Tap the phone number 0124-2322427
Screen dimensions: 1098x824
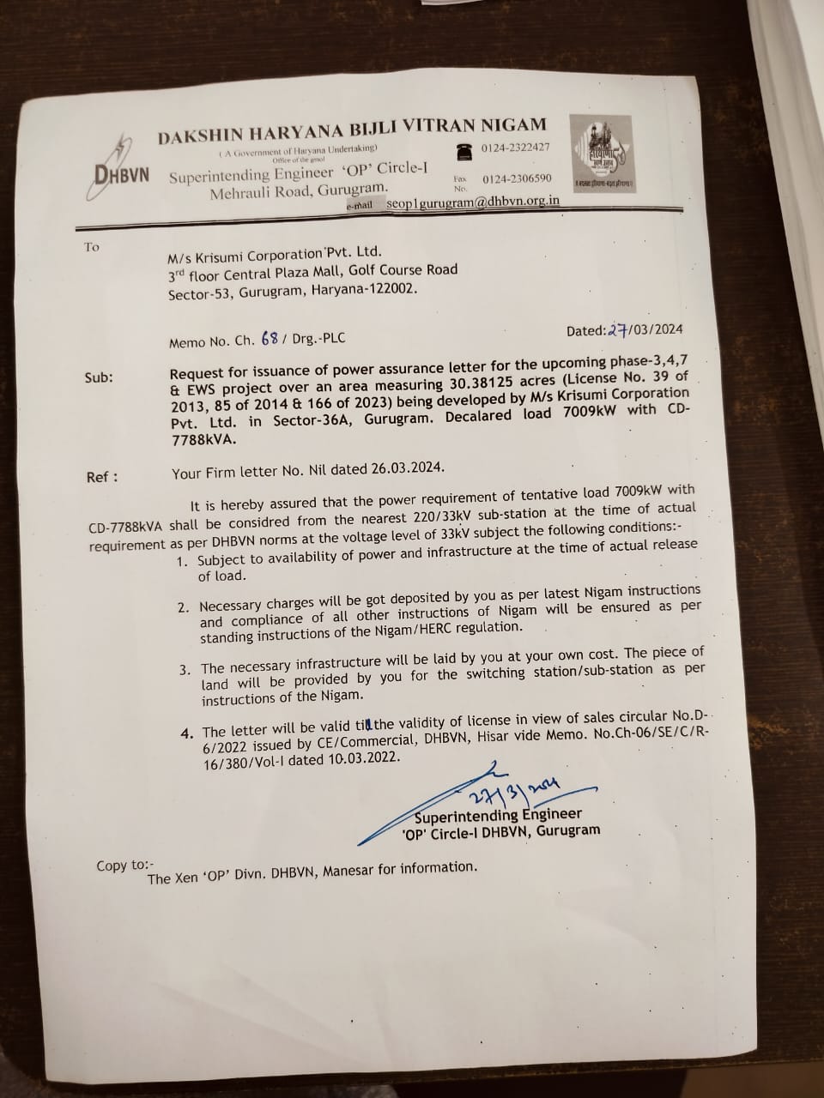pyautogui.click(x=515, y=148)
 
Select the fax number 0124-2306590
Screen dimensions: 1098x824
pyautogui.click(x=517, y=179)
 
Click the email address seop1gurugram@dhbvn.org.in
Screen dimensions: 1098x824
pyautogui.click(x=473, y=202)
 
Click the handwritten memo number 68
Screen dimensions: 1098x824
pyautogui.click(x=270, y=338)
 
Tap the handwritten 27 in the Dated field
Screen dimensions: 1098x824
pyautogui.click(x=619, y=330)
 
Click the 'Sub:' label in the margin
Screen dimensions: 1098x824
pyautogui.click(x=99, y=377)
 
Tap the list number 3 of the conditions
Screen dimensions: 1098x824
pyautogui.click(x=185, y=670)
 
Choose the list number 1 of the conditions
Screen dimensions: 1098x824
pyautogui.click(x=181, y=561)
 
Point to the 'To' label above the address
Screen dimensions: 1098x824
pyautogui.click(x=92, y=247)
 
